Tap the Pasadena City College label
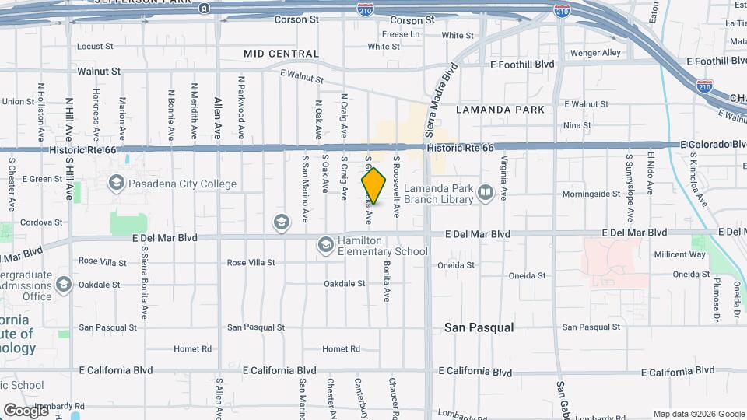click(183, 184)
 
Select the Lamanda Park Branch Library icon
click(486, 191)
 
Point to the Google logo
click(26, 410)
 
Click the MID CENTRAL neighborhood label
click(281, 54)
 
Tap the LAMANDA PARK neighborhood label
click(500, 110)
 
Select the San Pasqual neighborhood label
click(479, 327)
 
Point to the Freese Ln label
click(400, 34)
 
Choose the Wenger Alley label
click(595, 53)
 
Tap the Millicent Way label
click(679, 254)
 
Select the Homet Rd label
click(342, 349)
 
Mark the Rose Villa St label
click(251, 263)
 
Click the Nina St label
click(577, 125)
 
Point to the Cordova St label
click(41, 222)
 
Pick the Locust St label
click(96, 47)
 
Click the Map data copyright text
click(698, 414)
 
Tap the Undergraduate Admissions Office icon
click(64, 285)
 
